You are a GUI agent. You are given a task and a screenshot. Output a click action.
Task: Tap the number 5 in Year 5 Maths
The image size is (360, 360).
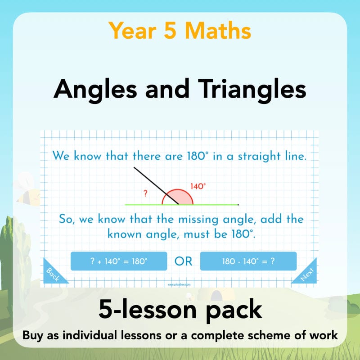(x=173, y=31)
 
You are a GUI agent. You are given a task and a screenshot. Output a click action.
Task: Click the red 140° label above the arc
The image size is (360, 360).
(x=198, y=186)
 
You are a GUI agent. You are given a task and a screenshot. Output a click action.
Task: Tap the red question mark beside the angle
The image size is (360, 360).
(x=145, y=194)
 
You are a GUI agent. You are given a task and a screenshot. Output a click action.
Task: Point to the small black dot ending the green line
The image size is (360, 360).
(x=238, y=205)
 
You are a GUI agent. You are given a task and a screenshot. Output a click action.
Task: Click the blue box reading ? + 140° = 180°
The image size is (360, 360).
(x=119, y=261)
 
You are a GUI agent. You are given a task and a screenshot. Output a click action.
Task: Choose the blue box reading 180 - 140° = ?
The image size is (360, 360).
(x=248, y=261)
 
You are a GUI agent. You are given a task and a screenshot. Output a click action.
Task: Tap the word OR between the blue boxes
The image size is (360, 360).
(x=184, y=261)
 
